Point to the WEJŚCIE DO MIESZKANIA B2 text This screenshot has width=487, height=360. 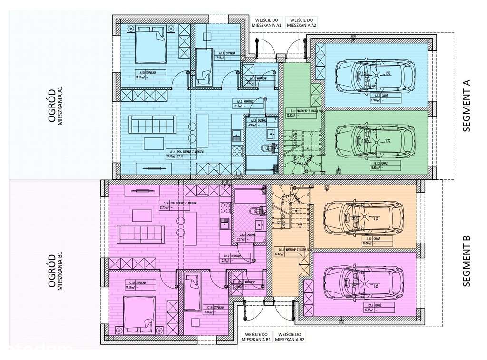coord(290,337)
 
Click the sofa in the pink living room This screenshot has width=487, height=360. coord(142,234)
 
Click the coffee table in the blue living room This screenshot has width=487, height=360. coord(152,143)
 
